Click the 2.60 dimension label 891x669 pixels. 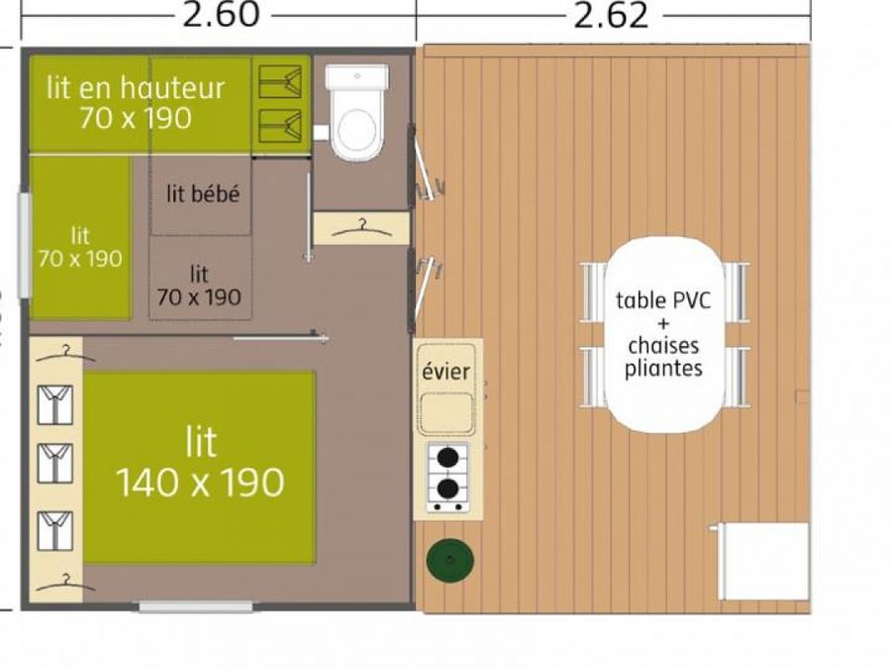[221, 15]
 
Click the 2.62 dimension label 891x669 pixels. [611, 15]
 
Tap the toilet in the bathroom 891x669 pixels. [356, 112]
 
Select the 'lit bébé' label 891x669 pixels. [203, 194]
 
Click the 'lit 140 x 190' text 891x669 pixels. [201, 462]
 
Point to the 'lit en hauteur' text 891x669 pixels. [136, 88]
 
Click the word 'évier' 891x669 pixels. [446, 372]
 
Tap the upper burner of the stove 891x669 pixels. [447, 456]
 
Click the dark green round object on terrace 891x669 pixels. [450, 560]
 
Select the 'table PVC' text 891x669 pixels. [663, 299]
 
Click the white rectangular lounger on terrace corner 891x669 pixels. [762, 561]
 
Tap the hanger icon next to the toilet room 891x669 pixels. [361, 229]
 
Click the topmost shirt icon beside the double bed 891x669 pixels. [55, 404]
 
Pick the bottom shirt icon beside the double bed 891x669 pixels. [55, 531]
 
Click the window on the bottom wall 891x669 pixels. [195, 607]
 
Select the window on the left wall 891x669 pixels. [25, 246]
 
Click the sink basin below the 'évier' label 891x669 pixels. [446, 412]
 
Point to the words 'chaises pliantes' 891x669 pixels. [663, 357]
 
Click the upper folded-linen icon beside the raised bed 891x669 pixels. [280, 82]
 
